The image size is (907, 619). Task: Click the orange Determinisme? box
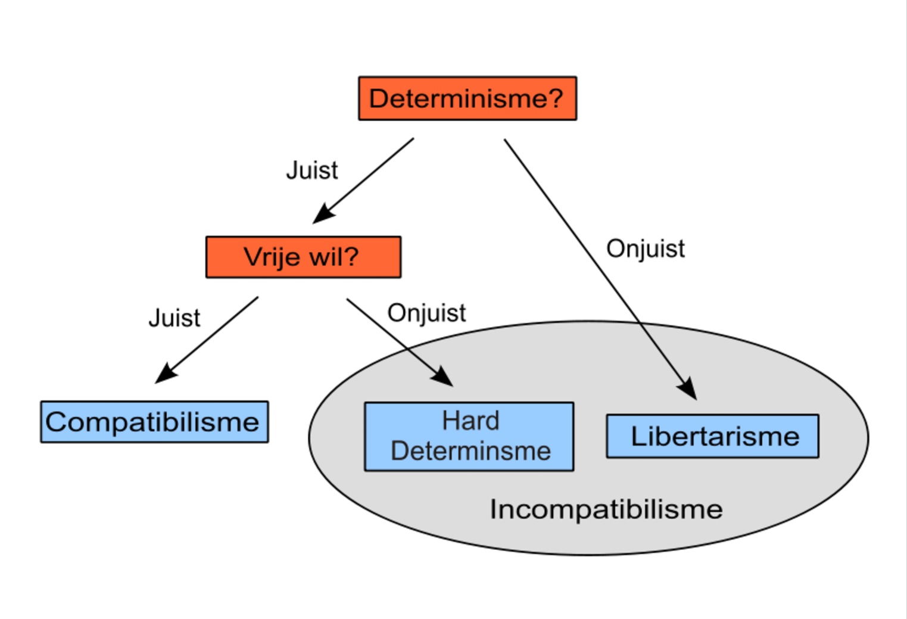[467, 98]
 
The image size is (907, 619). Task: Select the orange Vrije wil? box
[303, 257]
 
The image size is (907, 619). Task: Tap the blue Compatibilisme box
[154, 422]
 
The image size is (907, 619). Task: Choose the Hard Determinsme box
[469, 437]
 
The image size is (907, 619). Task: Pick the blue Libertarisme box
[713, 436]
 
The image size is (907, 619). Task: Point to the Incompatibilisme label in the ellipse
[606, 509]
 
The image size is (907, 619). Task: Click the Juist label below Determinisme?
[312, 170]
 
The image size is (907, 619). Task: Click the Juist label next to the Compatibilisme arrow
[174, 318]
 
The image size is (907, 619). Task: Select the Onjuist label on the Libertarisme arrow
[646, 248]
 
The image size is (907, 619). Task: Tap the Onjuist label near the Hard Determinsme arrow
[427, 313]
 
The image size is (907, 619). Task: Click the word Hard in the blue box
[470, 421]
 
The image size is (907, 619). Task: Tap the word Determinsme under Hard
[470, 451]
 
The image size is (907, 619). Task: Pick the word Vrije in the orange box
[272, 257]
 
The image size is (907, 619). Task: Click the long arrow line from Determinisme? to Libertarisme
[600, 269]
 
